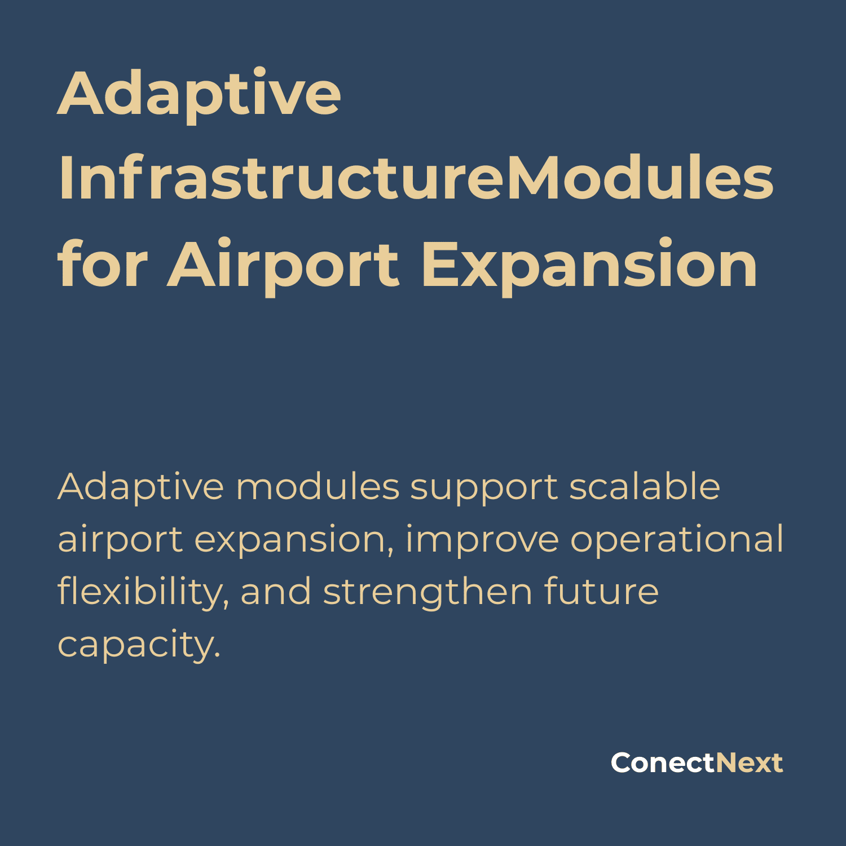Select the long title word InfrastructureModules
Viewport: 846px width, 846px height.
[x=416, y=178]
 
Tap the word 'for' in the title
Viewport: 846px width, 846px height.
[x=103, y=263]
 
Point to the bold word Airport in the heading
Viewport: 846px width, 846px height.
[x=284, y=265]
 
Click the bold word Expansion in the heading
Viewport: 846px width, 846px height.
[x=590, y=265]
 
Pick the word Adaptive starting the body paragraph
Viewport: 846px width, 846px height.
[x=141, y=488]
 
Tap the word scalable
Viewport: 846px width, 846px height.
[x=645, y=486]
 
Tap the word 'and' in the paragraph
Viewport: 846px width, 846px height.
[x=276, y=591]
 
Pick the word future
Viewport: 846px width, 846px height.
[x=601, y=591]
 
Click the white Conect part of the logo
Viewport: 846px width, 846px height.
[x=663, y=763]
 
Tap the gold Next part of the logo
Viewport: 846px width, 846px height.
[x=750, y=763]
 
